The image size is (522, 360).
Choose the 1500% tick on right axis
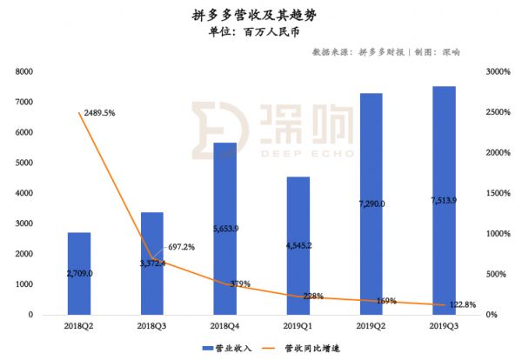click(495, 193)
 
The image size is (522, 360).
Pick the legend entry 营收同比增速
click(309, 349)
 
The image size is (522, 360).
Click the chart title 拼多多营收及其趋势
click(261, 16)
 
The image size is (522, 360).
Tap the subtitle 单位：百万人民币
click(261, 33)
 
